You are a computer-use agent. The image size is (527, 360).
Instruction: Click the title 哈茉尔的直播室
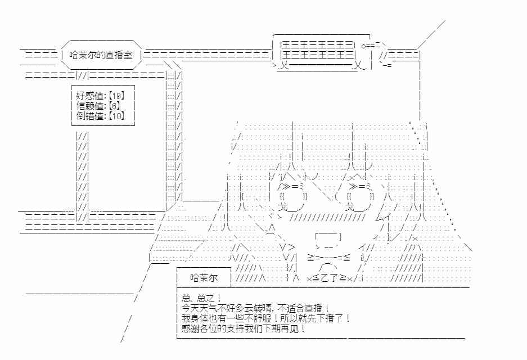(x=101, y=55)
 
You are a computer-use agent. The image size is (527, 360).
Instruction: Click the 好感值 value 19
(x=116, y=96)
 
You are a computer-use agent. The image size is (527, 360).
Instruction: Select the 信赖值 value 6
(x=114, y=106)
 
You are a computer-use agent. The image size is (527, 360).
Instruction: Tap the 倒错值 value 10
(x=116, y=116)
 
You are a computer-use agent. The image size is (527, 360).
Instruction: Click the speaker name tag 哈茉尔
(x=204, y=278)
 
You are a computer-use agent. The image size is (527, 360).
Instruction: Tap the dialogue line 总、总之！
(x=201, y=298)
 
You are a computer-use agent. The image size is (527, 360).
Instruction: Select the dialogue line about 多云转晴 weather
(x=255, y=308)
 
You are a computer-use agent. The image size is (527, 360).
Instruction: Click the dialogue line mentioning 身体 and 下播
(x=265, y=318)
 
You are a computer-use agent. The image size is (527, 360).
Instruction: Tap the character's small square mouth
(x=328, y=237)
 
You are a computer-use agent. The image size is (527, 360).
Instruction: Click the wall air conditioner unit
(x=322, y=53)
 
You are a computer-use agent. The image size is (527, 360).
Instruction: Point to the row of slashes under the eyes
(x=327, y=218)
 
